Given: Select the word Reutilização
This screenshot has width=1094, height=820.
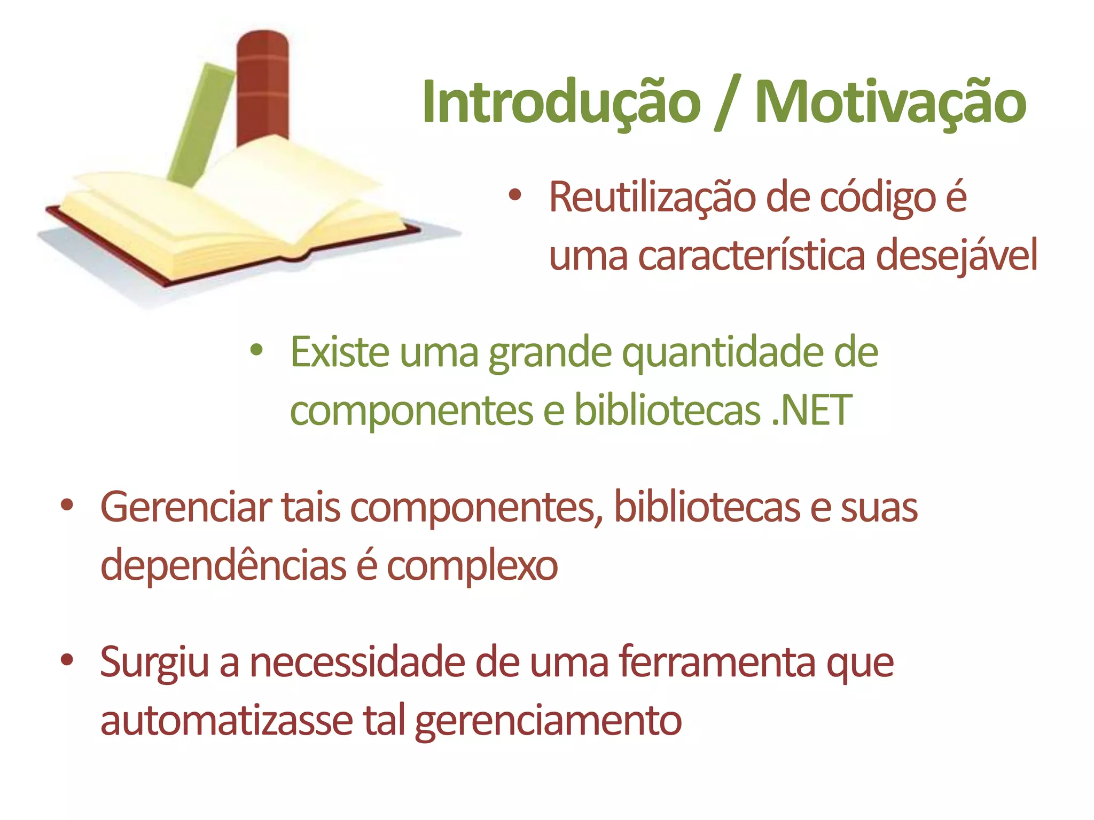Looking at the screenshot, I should click(x=652, y=198).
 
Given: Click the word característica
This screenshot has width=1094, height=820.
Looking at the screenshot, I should click(x=751, y=256).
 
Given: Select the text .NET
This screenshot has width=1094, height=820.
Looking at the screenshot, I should click(x=811, y=410).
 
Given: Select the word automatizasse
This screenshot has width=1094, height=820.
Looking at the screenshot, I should click(x=226, y=721).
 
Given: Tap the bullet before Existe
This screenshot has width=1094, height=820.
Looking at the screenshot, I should click(x=257, y=351).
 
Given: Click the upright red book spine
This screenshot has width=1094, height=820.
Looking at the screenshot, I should click(x=263, y=85).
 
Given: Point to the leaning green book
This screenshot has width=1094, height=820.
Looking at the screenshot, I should click(x=200, y=123).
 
